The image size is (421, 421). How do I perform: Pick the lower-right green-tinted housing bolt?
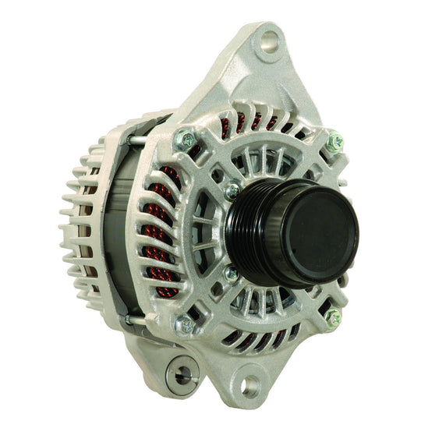[x=333, y=317]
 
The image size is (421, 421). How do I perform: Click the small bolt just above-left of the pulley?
[x=232, y=191]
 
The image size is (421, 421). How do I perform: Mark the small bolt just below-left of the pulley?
[x=232, y=274]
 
